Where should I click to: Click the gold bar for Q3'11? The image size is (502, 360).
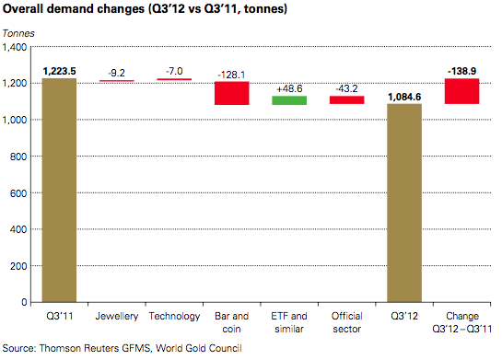click(60, 190)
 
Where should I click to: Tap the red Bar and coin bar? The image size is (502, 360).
click(232, 93)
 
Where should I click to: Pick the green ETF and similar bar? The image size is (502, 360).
click(289, 99)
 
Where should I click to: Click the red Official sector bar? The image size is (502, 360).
click(347, 99)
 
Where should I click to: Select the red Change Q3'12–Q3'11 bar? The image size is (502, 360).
click(462, 91)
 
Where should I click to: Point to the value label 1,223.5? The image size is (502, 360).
click(60, 70)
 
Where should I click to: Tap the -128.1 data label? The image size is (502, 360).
click(232, 74)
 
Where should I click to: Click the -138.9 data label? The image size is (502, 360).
click(462, 70)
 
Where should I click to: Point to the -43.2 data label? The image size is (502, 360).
click(347, 88)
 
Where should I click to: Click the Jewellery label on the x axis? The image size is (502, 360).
click(117, 317)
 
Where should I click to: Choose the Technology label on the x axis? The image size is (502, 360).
click(174, 317)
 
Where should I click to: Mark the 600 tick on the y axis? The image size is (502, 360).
click(20, 192)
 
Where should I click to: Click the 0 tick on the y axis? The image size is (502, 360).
click(27, 302)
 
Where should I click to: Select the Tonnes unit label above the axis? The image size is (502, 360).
click(20, 33)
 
